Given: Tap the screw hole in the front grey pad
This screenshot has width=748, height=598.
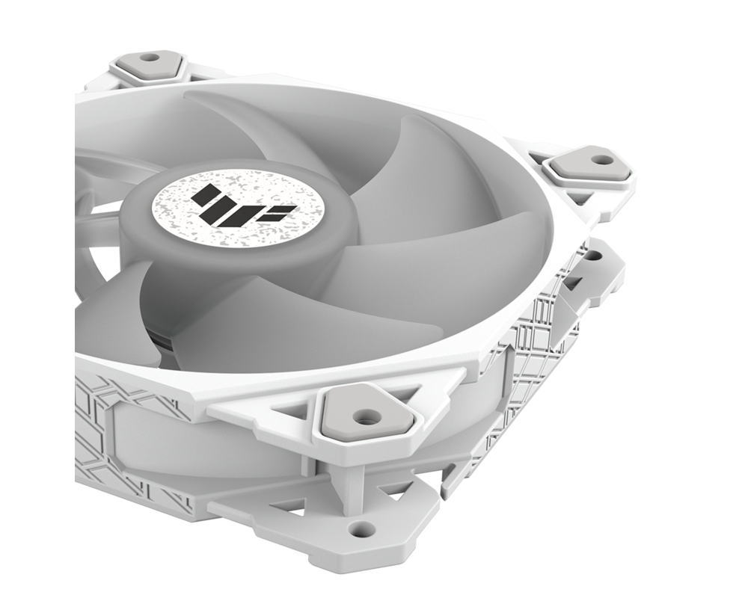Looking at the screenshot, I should click(365, 417).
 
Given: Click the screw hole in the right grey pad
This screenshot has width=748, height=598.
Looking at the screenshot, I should click(598, 159).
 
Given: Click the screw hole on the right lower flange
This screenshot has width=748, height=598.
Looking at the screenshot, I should click(593, 256).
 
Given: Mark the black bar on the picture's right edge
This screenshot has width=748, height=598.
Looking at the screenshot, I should click(711, 299).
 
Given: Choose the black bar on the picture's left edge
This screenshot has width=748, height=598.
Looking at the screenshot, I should click(37, 299).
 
